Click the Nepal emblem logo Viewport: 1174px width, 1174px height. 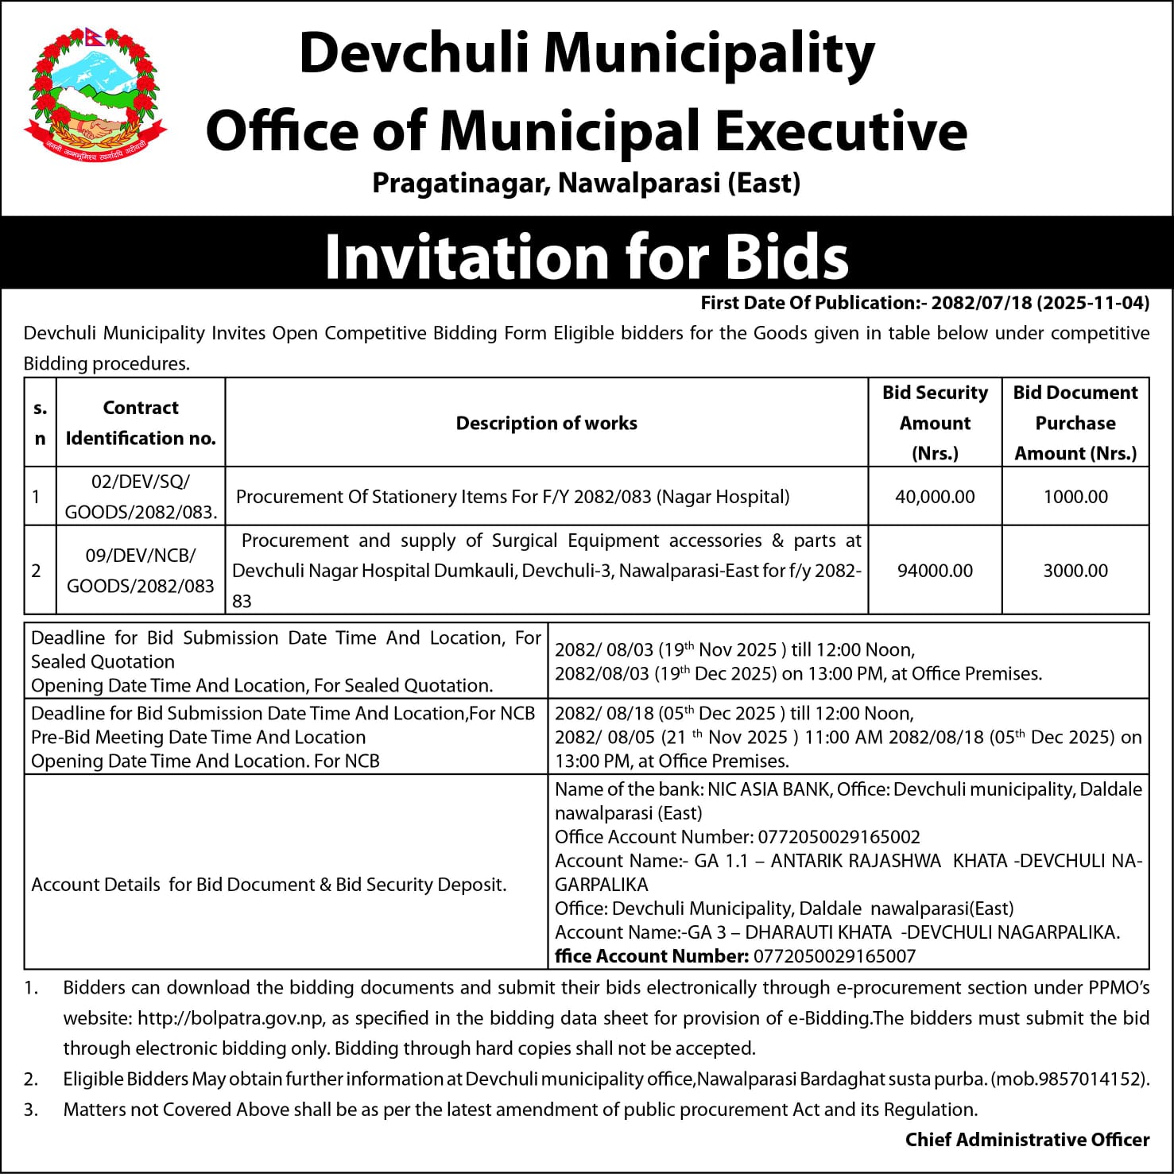tap(95, 96)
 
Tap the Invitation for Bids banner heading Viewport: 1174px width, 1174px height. tap(587, 256)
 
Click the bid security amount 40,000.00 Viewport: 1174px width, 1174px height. tap(935, 497)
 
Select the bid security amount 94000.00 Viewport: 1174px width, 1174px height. tap(935, 571)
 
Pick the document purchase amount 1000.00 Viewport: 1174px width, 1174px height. tap(1075, 497)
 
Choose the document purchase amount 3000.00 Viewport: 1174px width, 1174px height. tap(1075, 571)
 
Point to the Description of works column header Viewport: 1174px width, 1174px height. tap(546, 423)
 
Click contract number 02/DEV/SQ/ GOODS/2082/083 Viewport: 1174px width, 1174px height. tap(141, 497)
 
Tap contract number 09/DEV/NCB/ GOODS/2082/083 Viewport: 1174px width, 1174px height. tap(141, 571)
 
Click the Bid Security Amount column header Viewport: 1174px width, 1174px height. tap(935, 423)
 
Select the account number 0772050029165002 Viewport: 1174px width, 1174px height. tap(839, 837)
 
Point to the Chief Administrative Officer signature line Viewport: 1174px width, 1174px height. tap(1027, 1140)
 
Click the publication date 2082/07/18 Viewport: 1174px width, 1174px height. tap(981, 303)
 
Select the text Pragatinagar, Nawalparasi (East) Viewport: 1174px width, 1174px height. tap(587, 184)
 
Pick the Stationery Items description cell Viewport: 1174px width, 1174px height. tap(513, 497)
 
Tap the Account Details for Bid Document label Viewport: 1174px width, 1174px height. tap(269, 885)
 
